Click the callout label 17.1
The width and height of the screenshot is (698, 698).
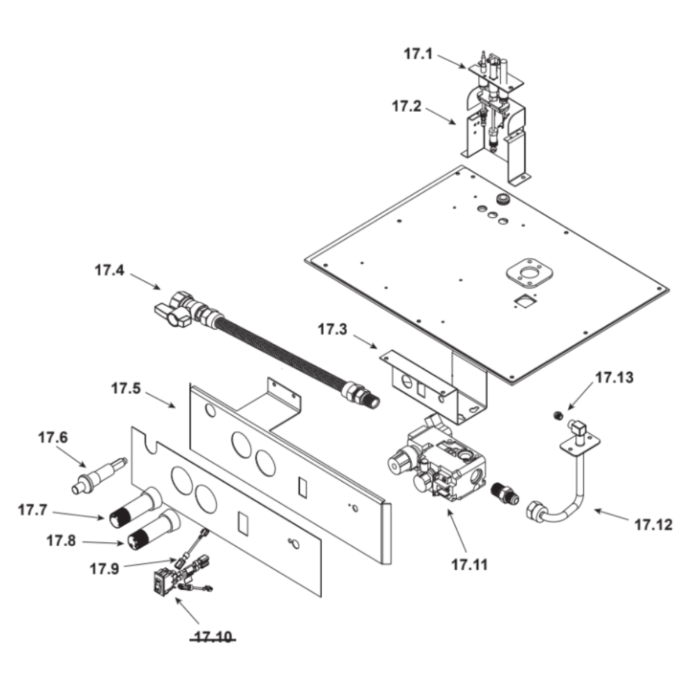tap(418, 54)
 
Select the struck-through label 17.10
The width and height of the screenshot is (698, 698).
tap(213, 637)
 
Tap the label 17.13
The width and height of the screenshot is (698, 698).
tap(614, 378)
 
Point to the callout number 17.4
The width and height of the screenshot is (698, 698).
tap(110, 270)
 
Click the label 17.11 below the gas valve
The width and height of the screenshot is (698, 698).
tap(470, 565)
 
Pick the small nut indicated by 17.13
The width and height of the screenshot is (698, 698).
tap(557, 416)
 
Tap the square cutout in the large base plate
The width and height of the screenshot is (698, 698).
tap(523, 301)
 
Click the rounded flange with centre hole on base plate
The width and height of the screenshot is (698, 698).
tap(530, 273)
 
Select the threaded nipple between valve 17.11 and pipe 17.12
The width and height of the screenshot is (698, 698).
tap(505, 493)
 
